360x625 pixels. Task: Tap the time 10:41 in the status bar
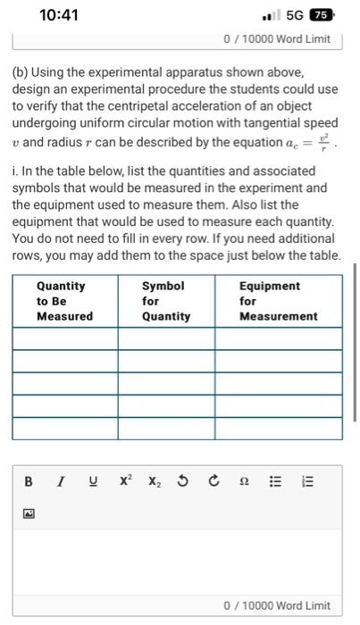point(60,15)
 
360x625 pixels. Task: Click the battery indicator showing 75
point(322,15)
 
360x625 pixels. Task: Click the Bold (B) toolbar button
point(29,481)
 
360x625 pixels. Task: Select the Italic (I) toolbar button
point(60,481)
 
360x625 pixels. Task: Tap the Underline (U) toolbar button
point(91,481)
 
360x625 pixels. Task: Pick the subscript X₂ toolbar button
point(154,482)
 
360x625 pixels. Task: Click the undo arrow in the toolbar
point(183,481)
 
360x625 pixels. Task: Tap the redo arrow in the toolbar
point(213,481)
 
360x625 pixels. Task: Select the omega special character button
point(244,482)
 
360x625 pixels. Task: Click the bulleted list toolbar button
point(276,481)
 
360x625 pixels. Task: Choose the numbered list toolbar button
point(307,481)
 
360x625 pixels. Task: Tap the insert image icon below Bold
point(29,514)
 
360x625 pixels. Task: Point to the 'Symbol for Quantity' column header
point(166,301)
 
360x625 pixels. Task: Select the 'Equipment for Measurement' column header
point(278,301)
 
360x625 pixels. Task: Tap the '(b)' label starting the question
point(21,71)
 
